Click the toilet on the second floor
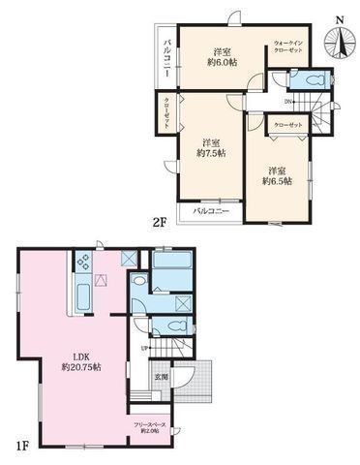pyautogui.click(x=313, y=79)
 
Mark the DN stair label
pyautogui.click(x=288, y=102)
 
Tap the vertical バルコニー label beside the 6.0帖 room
pyautogui.click(x=167, y=55)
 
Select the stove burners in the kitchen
pyautogui.click(x=83, y=262)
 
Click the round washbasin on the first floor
pyautogui.click(x=140, y=281)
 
